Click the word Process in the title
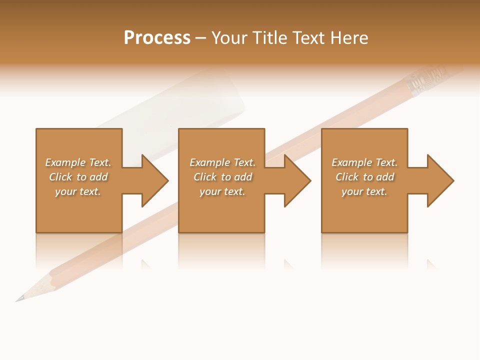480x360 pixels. (157, 38)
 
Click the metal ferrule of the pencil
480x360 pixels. (425, 81)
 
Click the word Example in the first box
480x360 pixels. (65, 162)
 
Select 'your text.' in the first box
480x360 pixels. (78, 191)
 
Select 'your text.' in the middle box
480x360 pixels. (222, 191)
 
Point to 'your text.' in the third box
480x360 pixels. (364, 191)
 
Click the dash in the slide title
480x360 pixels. (201, 38)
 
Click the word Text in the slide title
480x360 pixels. (309, 38)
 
